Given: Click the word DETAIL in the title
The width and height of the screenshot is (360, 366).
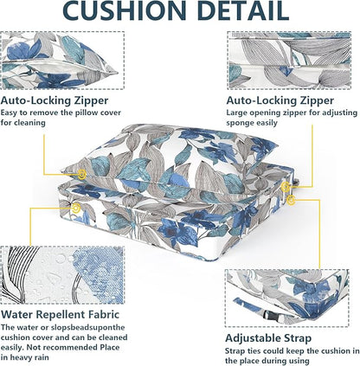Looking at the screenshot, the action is coord(244,10).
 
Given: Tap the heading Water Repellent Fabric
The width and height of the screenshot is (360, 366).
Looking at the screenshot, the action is coord(60,314).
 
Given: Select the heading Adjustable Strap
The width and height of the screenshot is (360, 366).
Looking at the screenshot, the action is coord(268,338).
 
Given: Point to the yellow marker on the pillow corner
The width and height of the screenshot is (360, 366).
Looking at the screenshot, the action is coord(82,174).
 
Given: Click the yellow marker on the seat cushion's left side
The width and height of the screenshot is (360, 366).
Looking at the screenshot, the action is coord(76,208).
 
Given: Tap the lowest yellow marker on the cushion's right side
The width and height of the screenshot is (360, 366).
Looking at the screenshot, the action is coord(292,200).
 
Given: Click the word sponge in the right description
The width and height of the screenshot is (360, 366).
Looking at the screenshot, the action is coord(238,123).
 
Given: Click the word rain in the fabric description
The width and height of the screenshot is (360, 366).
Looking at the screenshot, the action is coord(41,357).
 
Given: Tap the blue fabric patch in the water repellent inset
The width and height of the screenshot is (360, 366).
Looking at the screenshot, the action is coord(98,274).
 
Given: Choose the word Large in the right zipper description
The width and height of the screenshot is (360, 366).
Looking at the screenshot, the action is coord(236,112).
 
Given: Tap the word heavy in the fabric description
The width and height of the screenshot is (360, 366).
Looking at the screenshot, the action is coord(19,357).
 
